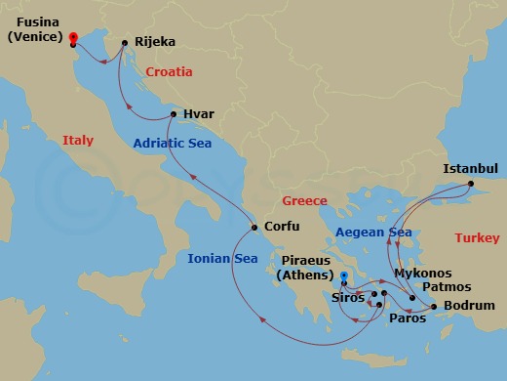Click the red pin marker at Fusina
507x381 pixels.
(73, 38)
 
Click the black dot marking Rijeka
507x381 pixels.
(126, 43)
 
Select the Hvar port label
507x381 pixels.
(198, 114)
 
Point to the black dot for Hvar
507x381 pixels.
(174, 115)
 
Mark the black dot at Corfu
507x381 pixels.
(254, 229)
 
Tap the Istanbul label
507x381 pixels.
(470, 168)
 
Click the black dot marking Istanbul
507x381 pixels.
(469, 183)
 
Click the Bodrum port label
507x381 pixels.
(469, 306)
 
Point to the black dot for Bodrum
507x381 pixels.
(434, 306)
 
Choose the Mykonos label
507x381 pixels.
(422, 274)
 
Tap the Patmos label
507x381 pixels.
(448, 287)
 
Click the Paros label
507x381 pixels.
(409, 318)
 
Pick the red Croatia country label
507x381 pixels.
(169, 72)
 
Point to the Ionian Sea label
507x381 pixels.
(223, 259)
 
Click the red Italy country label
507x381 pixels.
(78, 141)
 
